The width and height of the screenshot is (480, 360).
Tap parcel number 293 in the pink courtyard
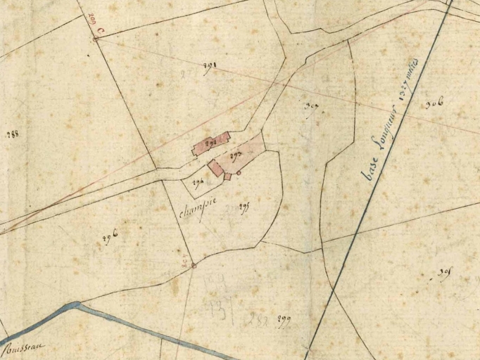coord(236,153)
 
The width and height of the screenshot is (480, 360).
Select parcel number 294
coord(198,183)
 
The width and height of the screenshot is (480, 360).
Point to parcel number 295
coord(245,207)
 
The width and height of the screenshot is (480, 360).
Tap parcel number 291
coord(209,67)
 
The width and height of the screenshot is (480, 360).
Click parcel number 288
coord(12,134)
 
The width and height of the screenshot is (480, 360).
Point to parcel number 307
coord(311,107)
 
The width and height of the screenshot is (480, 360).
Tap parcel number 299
coord(282,320)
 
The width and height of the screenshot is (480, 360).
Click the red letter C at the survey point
coord(101,31)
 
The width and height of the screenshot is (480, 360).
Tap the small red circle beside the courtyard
coord(239,173)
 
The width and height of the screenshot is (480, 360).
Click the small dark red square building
coord(227,176)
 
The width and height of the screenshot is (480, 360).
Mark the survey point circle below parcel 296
coord(194,265)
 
